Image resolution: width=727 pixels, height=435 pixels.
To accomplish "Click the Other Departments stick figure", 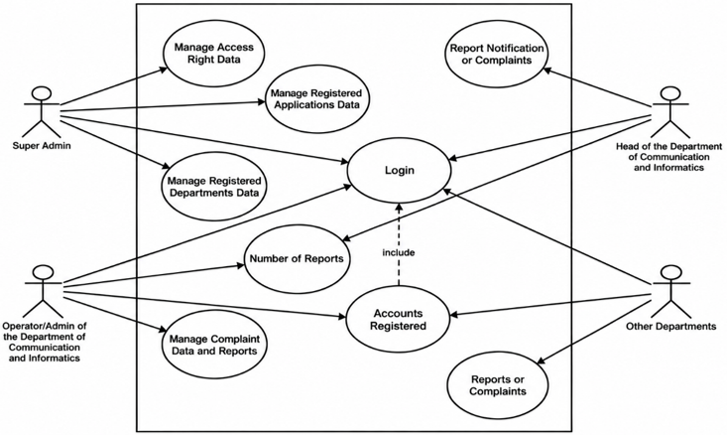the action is click(x=670, y=291).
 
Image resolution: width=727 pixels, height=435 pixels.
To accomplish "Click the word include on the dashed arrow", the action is click(x=399, y=252).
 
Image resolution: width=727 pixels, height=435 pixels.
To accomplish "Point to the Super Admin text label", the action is click(x=42, y=146).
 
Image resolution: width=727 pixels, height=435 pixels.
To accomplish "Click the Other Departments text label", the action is click(x=670, y=327).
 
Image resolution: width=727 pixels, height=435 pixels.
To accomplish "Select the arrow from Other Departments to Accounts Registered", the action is click(x=551, y=305).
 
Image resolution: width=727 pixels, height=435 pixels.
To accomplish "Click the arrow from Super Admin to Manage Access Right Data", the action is click(x=114, y=85).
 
